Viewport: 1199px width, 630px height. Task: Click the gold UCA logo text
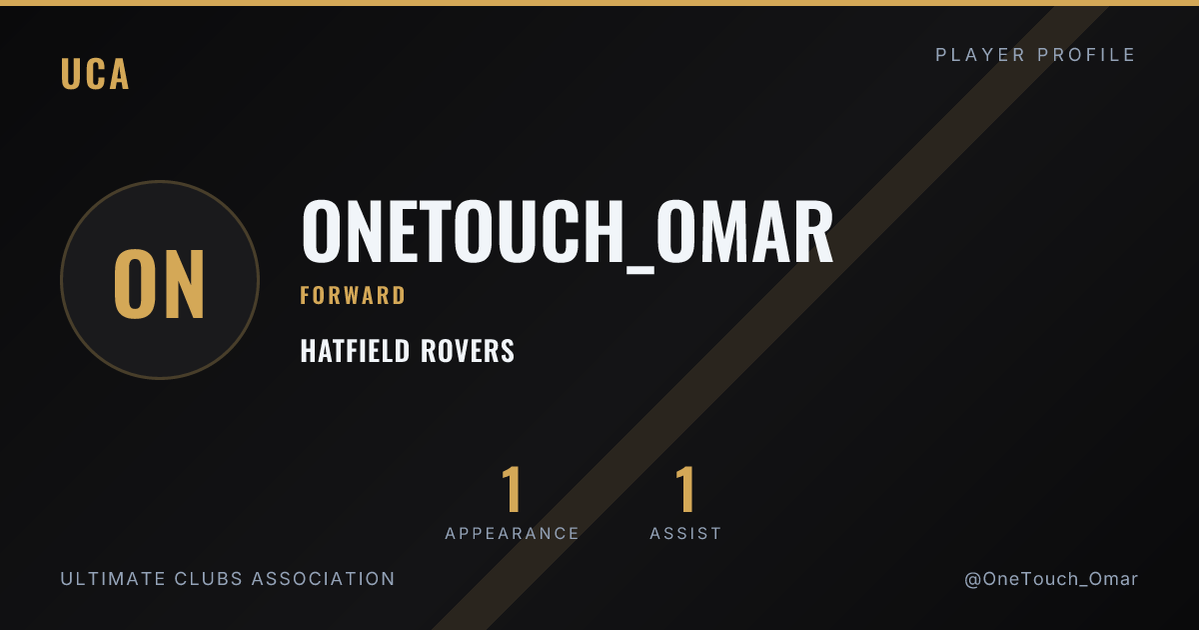(95, 73)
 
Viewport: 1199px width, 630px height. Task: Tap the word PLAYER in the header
(980, 55)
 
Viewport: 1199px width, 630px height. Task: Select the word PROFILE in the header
(1086, 55)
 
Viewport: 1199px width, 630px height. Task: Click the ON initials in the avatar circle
(160, 284)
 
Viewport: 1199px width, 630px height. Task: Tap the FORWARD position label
(353, 296)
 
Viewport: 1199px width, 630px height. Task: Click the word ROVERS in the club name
(468, 351)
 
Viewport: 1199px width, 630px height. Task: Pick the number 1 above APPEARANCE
(512, 489)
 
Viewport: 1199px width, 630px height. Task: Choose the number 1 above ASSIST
(685, 489)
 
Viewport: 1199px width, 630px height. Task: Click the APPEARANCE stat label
(512, 534)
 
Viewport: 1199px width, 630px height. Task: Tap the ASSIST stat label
(685, 534)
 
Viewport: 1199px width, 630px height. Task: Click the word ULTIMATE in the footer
(113, 579)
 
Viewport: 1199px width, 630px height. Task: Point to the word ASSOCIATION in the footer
(323, 579)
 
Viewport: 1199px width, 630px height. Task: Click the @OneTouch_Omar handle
(1051, 579)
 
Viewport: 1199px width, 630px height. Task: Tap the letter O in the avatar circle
(134, 284)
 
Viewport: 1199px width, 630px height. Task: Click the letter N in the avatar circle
(183, 284)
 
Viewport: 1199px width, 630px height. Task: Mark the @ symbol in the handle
(972, 580)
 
